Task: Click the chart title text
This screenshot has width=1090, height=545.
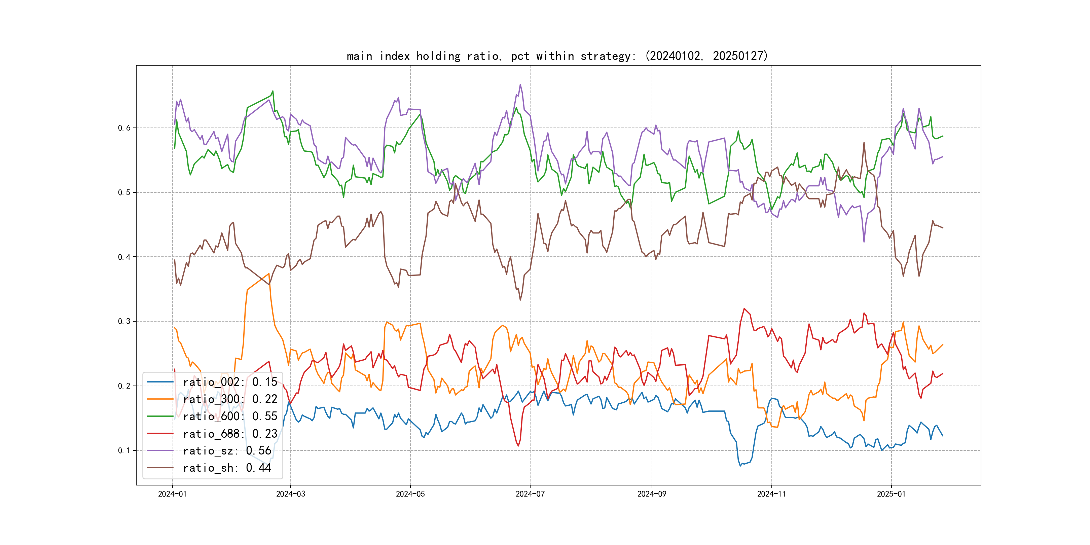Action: click(x=557, y=56)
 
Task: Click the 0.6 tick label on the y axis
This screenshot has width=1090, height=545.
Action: click(x=124, y=128)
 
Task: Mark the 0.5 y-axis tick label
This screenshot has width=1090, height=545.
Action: click(x=124, y=192)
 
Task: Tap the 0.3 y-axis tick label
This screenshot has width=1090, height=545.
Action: click(x=124, y=321)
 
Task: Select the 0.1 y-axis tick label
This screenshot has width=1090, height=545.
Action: click(x=124, y=450)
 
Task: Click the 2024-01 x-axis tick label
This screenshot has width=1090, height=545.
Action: click(x=172, y=494)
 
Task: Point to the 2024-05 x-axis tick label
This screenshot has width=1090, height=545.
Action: click(x=410, y=494)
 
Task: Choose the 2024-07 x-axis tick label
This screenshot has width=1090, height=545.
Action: click(x=530, y=494)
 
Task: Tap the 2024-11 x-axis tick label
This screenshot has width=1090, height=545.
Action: click(x=771, y=494)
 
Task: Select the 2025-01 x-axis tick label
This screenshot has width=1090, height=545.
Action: click(x=891, y=494)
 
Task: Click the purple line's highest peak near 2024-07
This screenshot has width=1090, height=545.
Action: click(x=520, y=85)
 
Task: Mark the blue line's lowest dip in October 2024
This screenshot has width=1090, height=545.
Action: click(x=740, y=466)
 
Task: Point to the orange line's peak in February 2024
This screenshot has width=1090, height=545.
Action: click(x=269, y=274)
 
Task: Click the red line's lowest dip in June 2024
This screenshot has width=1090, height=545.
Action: click(x=518, y=445)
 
